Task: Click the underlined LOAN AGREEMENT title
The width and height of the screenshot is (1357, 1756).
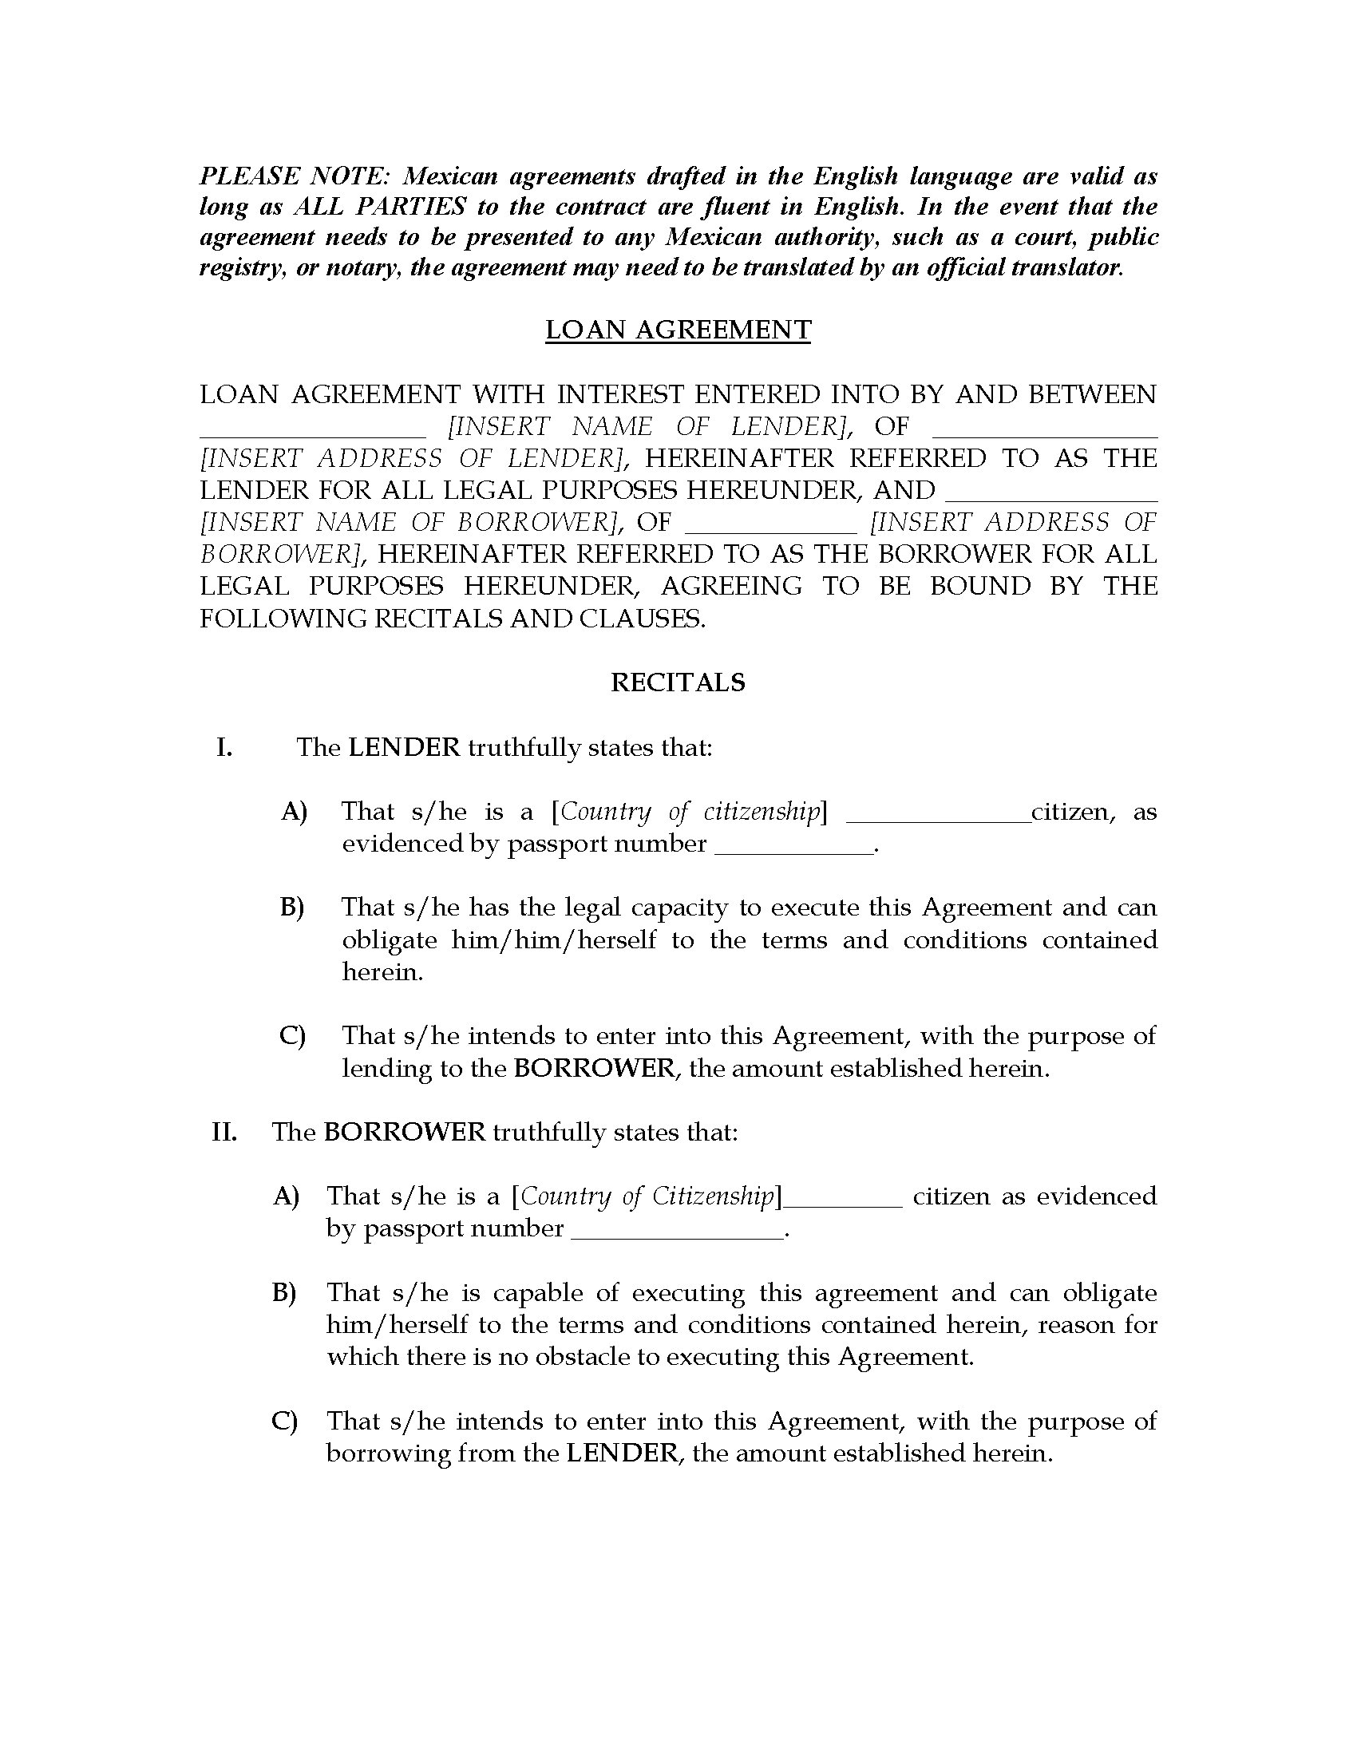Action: [x=678, y=330]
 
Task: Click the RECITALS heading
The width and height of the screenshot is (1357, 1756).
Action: [x=678, y=682]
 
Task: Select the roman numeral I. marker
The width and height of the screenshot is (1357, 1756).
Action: [x=224, y=748]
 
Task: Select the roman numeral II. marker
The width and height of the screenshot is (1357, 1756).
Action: [x=224, y=1132]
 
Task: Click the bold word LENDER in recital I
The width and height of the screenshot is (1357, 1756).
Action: [x=404, y=748]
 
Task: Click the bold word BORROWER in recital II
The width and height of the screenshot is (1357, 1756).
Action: [x=405, y=1132]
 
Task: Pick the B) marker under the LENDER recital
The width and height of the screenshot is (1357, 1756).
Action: [x=292, y=908]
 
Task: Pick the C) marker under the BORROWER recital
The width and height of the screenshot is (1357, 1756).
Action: [x=285, y=1421]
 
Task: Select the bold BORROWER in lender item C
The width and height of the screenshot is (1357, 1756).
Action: [x=594, y=1069]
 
